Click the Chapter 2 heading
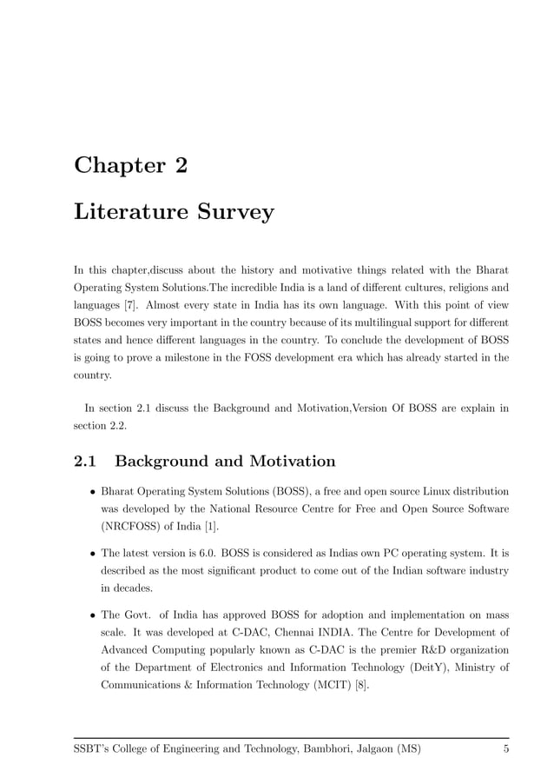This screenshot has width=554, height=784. tap(130, 165)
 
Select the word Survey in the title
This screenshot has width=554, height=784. tap(233, 211)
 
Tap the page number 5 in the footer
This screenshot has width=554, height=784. tap(505, 749)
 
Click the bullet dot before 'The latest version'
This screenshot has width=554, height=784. tap(92, 553)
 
